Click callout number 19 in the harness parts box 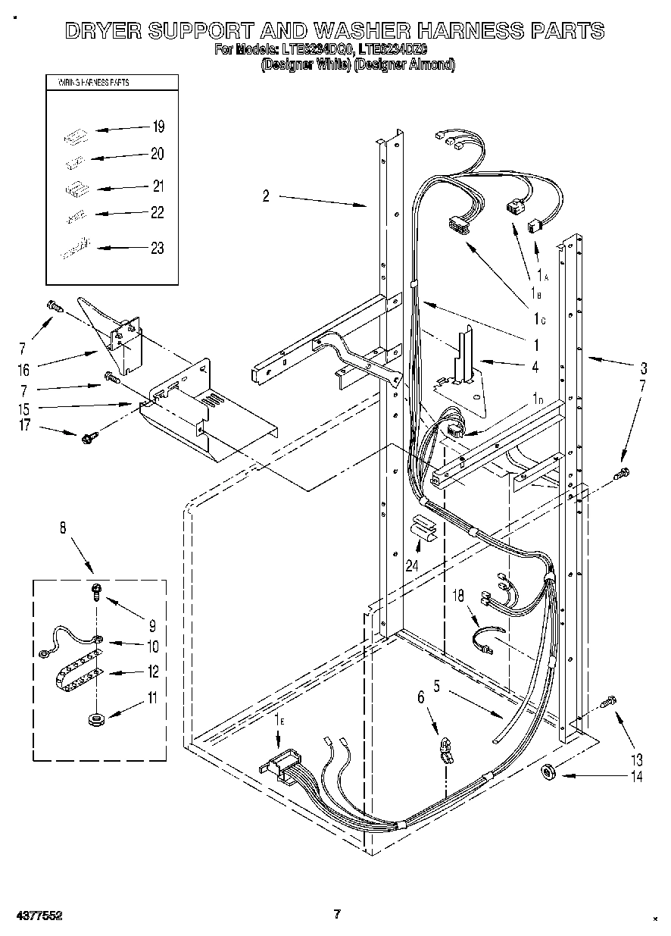pyautogui.click(x=158, y=127)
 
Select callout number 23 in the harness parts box pyautogui.click(x=158, y=248)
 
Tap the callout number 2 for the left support pyautogui.click(x=266, y=196)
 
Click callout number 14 pyautogui.click(x=636, y=776)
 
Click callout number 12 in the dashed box pyautogui.click(x=152, y=671)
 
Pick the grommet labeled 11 pyautogui.click(x=96, y=717)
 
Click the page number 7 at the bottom pyautogui.click(x=338, y=915)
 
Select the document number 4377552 pyautogui.click(x=37, y=916)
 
